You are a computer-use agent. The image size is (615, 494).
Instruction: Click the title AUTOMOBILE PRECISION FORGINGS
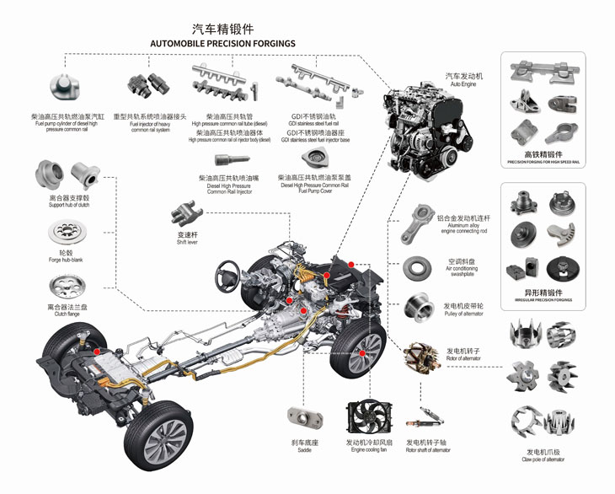tap(222, 42)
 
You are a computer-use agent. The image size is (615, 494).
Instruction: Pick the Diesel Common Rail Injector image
tap(225, 158)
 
